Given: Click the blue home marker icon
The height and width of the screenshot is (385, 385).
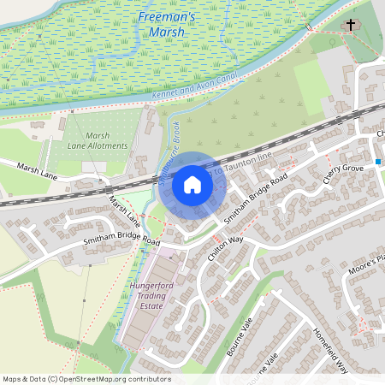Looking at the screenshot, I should (x=192, y=185).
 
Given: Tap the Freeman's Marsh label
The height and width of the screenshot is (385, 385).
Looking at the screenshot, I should (x=167, y=25).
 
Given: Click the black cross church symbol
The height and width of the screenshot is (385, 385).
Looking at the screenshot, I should (x=349, y=25).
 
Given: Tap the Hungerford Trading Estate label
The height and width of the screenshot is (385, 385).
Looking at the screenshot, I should (x=151, y=296).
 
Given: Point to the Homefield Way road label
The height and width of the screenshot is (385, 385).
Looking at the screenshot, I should (x=330, y=352).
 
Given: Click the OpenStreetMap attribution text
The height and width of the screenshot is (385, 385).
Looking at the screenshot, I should (x=86, y=379).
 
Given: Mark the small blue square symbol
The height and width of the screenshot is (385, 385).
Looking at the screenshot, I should (x=377, y=161).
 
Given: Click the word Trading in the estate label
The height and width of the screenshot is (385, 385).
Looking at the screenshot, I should (x=151, y=296).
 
